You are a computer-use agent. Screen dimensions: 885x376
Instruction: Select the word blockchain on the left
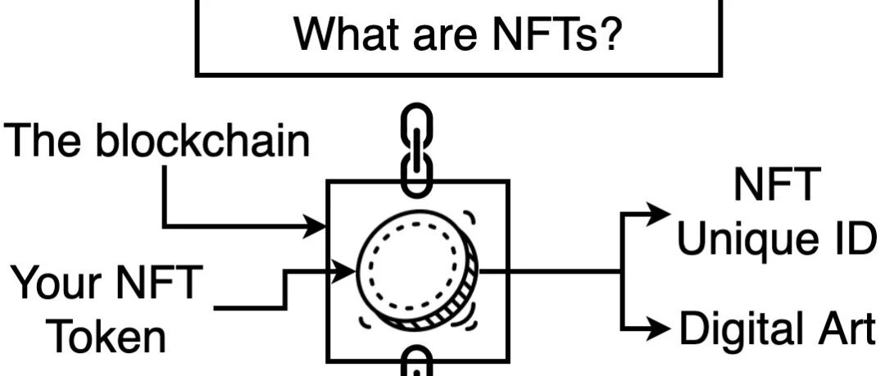pos(202,139)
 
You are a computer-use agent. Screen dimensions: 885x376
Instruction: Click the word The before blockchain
pos(44,139)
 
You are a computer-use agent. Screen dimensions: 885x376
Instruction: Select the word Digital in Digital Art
pos(737,329)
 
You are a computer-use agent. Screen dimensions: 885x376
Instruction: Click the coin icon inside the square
pos(418,270)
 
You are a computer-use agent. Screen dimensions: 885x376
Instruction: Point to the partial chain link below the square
pos(416,360)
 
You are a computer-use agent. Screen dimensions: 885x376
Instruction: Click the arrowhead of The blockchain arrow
pos(315,226)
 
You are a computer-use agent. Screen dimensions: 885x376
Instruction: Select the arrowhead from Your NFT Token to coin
pos(344,271)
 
